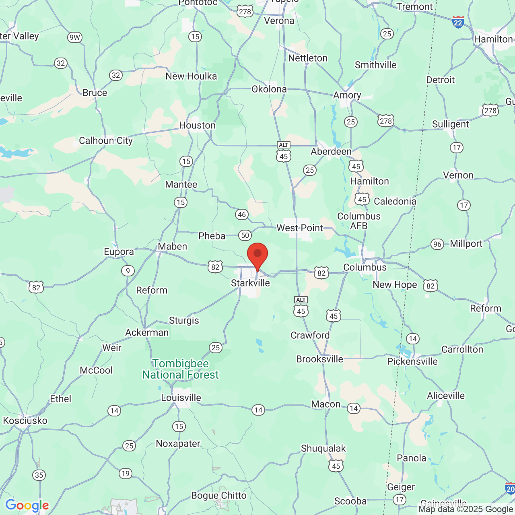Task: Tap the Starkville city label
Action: pos(250,283)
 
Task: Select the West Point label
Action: pos(299,228)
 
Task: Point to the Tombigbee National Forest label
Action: pos(181,369)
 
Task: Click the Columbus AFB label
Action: pos(359,221)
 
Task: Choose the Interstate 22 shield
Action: pos(458,22)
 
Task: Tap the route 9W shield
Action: pos(75,37)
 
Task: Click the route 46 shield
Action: pos(241,214)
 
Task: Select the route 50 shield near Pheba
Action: pos(245,235)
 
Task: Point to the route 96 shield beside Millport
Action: pos(437,244)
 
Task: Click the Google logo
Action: pos(27,505)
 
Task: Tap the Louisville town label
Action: pos(181,398)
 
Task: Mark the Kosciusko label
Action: pos(25,420)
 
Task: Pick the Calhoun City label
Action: pos(106,140)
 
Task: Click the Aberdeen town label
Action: pos(331,151)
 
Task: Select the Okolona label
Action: pos(269,89)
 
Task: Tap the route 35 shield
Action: pos(39,475)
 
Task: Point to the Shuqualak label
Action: pos(323,448)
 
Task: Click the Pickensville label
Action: pos(412,361)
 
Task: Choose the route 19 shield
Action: pos(126,473)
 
